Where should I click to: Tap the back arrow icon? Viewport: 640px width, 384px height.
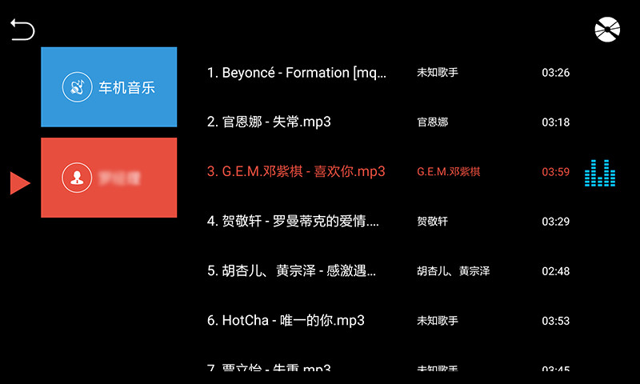tap(22, 30)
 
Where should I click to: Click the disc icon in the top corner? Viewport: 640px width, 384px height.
tap(607, 30)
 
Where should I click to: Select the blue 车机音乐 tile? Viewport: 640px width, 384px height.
tap(109, 86)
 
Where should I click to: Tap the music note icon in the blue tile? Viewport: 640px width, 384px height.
tap(77, 87)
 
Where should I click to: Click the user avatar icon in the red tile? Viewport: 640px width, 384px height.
tap(77, 178)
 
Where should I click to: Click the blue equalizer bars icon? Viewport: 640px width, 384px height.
tap(600, 173)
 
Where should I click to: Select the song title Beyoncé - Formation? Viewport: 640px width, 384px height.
tap(297, 73)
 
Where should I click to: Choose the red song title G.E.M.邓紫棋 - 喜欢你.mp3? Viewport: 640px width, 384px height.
tap(296, 172)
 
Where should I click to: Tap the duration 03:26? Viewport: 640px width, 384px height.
tap(555, 73)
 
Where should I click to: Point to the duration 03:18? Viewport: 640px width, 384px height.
tap(555, 122)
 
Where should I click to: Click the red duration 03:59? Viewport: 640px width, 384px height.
tap(555, 172)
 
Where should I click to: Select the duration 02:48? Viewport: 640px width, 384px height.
tap(555, 271)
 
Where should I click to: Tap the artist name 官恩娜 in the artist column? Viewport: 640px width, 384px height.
tap(432, 122)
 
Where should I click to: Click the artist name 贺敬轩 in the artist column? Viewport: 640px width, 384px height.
tap(432, 222)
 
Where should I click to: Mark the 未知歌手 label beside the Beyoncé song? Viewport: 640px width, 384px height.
tap(438, 73)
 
